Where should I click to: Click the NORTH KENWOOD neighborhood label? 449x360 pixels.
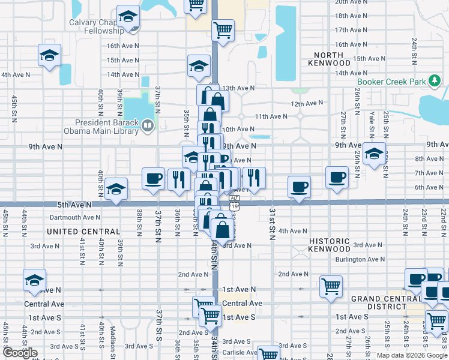329,58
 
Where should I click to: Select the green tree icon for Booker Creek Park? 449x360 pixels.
433,82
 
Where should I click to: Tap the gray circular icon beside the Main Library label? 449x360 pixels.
148,126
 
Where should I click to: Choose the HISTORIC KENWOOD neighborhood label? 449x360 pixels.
329,245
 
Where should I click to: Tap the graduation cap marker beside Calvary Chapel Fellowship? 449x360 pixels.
128,17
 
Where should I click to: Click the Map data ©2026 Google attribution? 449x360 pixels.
412,355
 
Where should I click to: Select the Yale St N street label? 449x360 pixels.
372,123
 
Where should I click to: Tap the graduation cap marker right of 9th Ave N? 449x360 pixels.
374,155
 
